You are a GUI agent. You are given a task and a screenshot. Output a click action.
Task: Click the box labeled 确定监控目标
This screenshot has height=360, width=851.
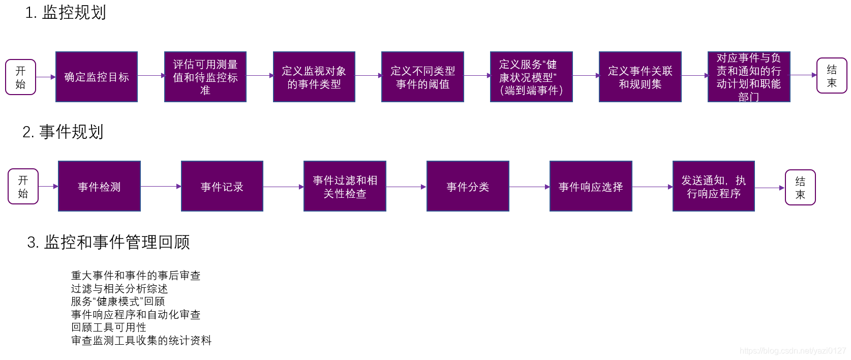click(x=97, y=77)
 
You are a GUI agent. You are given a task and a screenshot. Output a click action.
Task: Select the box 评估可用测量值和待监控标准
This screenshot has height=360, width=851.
click(x=205, y=77)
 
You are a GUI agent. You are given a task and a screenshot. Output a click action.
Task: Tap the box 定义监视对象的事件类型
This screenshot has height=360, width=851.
click(x=314, y=77)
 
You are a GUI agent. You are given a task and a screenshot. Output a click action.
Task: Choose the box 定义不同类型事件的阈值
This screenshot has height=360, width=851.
click(x=422, y=77)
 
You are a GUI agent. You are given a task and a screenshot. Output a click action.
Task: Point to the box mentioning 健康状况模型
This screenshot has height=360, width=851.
click(x=531, y=77)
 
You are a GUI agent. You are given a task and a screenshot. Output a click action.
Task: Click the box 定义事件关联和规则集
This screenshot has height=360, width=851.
click(x=640, y=77)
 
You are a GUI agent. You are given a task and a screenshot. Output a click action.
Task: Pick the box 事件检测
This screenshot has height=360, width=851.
click(x=99, y=186)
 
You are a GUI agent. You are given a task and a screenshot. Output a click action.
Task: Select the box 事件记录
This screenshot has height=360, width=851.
click(x=222, y=186)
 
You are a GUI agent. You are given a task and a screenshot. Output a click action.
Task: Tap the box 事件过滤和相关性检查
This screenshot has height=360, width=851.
click(x=345, y=186)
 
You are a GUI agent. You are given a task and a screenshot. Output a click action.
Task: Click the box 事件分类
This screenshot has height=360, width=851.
click(x=468, y=186)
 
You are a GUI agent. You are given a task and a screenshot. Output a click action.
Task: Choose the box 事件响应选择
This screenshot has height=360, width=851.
click(x=591, y=186)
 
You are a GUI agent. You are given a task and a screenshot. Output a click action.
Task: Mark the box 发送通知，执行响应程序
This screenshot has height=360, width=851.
click(x=713, y=186)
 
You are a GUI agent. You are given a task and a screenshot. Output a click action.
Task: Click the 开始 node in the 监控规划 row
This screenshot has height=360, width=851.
click(x=20, y=77)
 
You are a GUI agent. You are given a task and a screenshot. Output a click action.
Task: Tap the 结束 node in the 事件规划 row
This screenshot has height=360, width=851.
click(x=800, y=187)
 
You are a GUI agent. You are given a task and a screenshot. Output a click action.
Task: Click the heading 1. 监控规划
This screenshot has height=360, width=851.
click(x=66, y=13)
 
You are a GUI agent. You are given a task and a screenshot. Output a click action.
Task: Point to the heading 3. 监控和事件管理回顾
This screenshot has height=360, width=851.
click(x=108, y=242)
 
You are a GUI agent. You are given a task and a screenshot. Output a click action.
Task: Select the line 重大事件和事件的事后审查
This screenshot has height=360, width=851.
click(x=136, y=276)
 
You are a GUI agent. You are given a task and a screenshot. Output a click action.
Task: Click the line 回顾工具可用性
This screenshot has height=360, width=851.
click(x=109, y=327)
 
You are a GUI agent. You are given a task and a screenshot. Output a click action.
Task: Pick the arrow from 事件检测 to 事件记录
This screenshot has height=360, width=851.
click(x=161, y=186)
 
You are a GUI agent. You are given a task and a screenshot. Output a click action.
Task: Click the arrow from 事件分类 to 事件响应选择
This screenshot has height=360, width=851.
click(x=529, y=187)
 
